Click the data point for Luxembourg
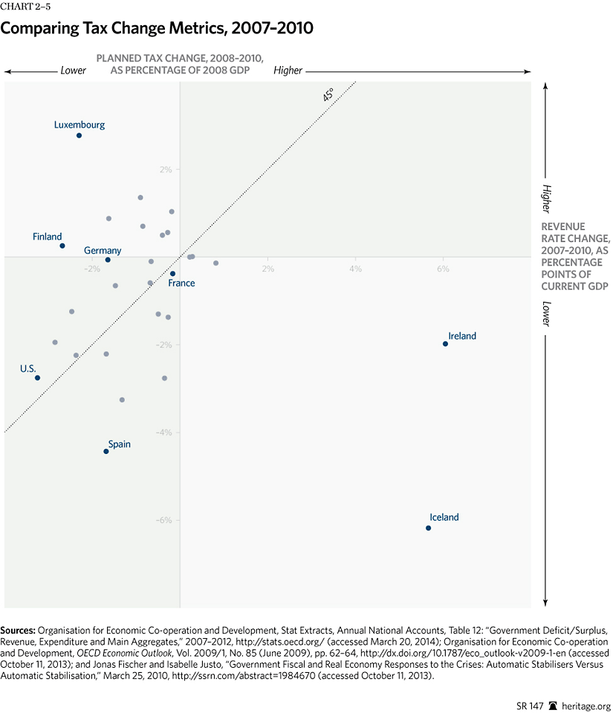[x=79, y=135]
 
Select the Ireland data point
[x=445, y=344]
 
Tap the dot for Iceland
[x=428, y=528]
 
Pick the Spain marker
[x=106, y=451]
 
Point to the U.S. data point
[x=37, y=378]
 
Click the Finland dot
[x=62, y=246]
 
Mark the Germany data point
[x=108, y=260]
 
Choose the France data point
[x=172, y=274]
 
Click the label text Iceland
[x=444, y=517]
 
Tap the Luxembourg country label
[x=80, y=125]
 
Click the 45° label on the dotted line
[x=328, y=94]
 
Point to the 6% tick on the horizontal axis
[x=443, y=268]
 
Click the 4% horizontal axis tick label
[x=355, y=268]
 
